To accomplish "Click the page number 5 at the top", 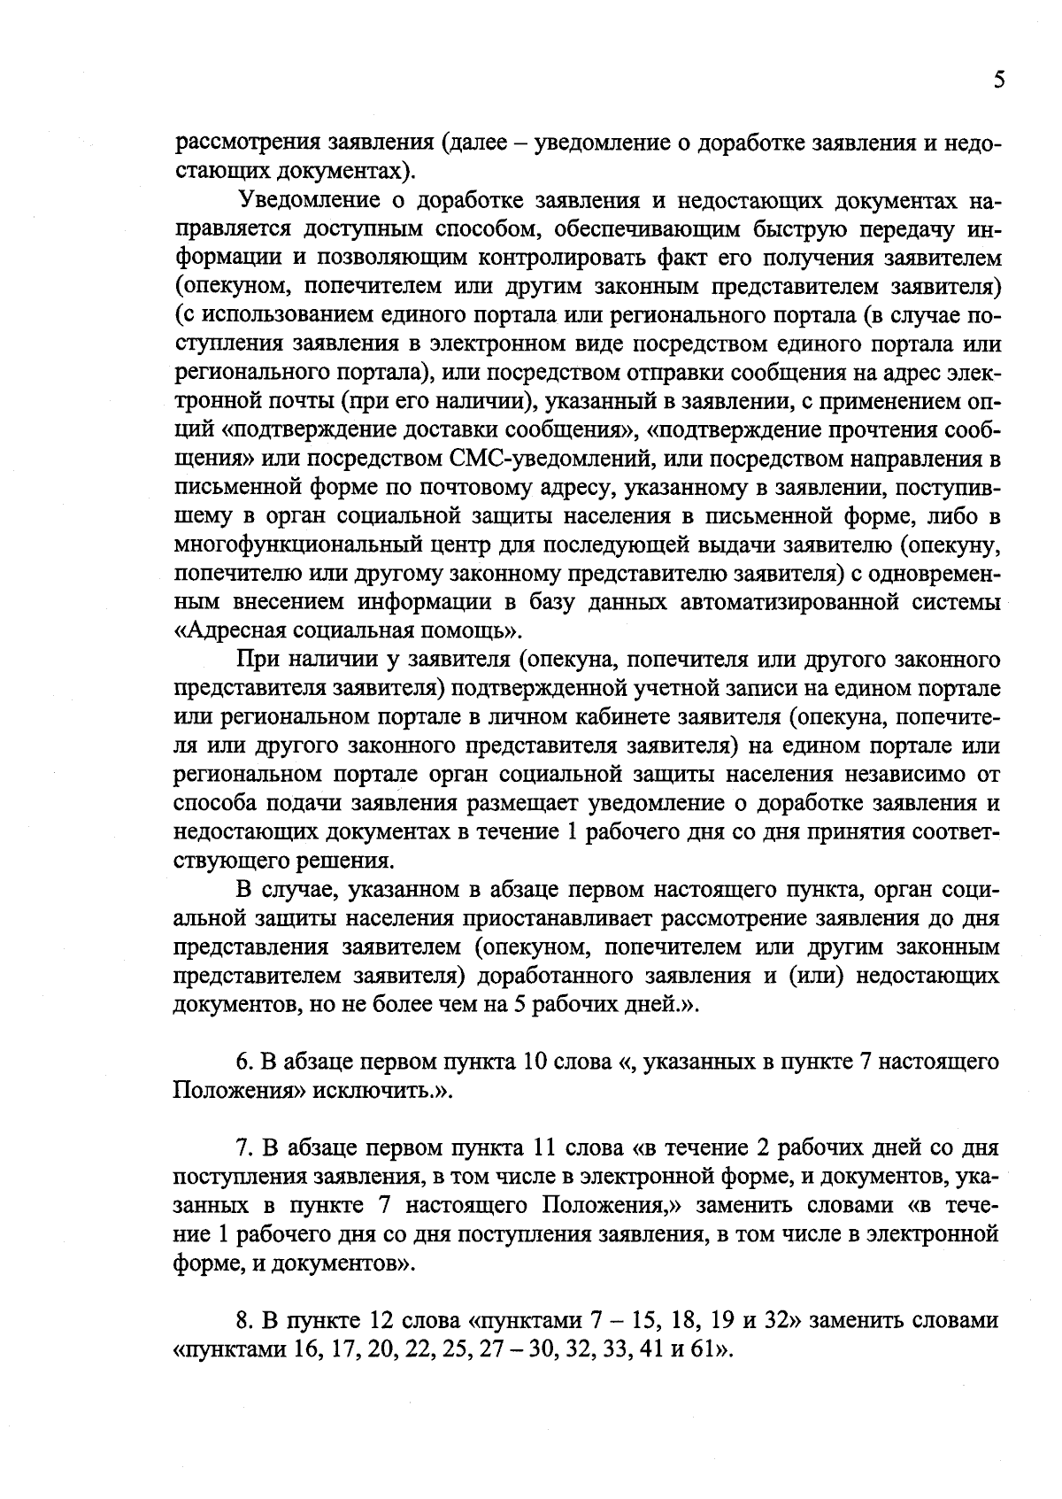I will [x=998, y=81].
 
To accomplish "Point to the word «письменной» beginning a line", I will [x=230, y=487].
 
